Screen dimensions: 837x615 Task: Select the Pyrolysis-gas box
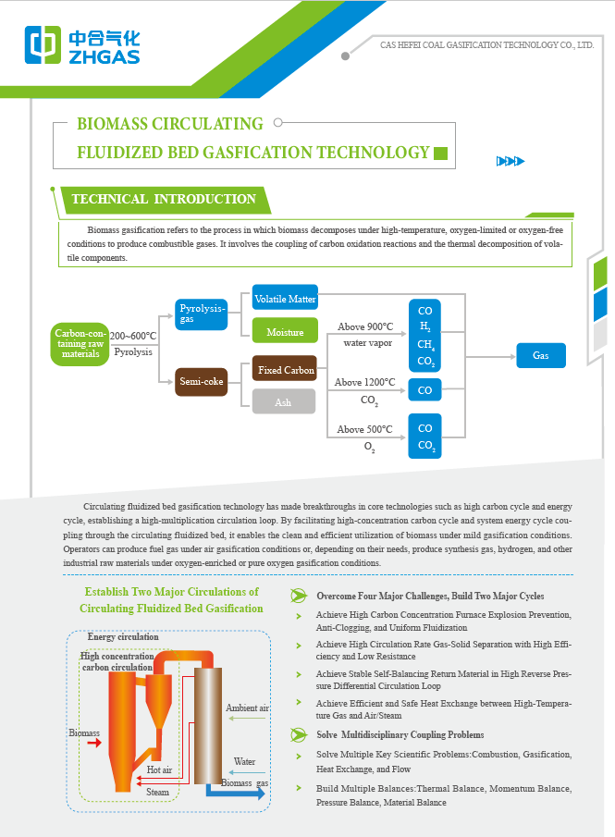201,314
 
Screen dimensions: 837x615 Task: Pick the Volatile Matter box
285,299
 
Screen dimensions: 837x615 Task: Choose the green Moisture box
285,331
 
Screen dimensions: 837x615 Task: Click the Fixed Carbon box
285,370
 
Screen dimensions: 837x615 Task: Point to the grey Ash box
284,401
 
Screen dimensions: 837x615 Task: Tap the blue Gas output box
540,355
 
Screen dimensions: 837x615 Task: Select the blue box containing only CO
424,390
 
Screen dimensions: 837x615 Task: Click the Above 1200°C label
364,382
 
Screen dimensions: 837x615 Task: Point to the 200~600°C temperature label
133,336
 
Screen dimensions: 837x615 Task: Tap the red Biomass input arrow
91,741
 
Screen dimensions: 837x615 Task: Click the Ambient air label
247,708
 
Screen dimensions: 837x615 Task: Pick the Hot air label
159,769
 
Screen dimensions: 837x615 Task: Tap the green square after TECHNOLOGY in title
441,154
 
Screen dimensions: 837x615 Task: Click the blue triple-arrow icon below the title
510,162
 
